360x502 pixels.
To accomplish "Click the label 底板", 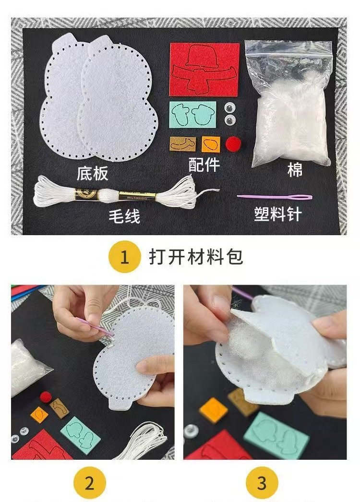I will click(93, 173).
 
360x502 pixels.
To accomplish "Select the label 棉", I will click(295, 169).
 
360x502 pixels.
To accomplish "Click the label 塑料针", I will click(278, 214).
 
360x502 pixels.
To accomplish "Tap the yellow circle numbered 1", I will click(124, 257).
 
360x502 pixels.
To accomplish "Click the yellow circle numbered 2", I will click(90, 483).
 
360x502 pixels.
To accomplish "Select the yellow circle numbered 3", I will click(261, 483).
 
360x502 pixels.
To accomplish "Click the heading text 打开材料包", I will click(196, 257).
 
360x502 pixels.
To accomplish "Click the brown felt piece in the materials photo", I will click(182, 143).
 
